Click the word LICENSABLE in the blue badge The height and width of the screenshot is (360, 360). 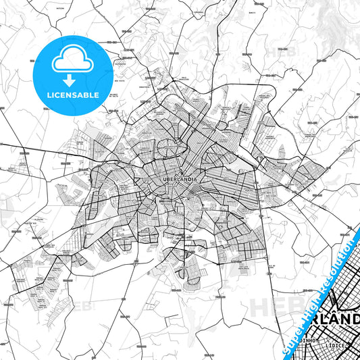[72, 95]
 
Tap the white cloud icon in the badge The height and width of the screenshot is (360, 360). [72, 59]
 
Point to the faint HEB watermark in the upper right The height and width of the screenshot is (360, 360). [278, 51]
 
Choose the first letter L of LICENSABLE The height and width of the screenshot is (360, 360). [47, 95]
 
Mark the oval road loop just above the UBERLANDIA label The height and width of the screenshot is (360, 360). [168, 147]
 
